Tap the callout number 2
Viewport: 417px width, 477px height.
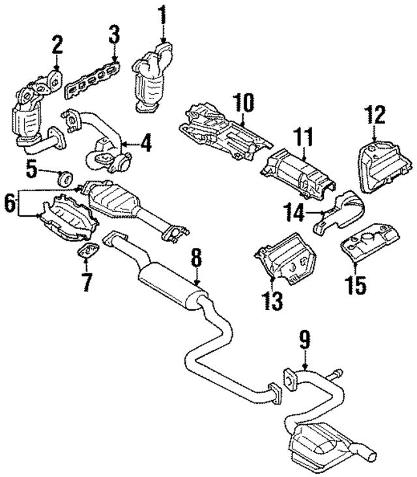click(x=57, y=46)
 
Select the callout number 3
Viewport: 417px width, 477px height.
click(x=114, y=35)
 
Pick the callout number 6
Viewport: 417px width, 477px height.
click(x=10, y=203)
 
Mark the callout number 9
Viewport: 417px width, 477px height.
click(x=305, y=341)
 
